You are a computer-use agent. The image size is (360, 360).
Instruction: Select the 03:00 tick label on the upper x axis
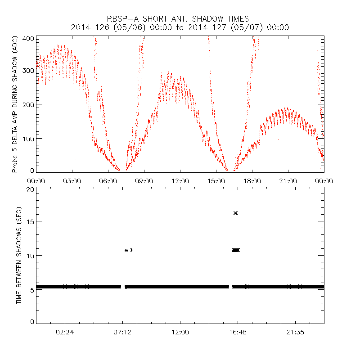[x=72, y=180]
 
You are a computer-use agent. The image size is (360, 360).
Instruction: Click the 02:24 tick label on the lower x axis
[x=65, y=332]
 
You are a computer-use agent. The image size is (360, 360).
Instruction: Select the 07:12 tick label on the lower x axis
[x=122, y=332]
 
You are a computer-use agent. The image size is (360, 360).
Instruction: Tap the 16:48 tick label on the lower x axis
[x=238, y=332]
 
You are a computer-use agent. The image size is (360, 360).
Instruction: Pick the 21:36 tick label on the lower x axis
[x=295, y=332]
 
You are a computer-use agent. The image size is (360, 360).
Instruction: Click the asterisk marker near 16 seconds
[x=235, y=213]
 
